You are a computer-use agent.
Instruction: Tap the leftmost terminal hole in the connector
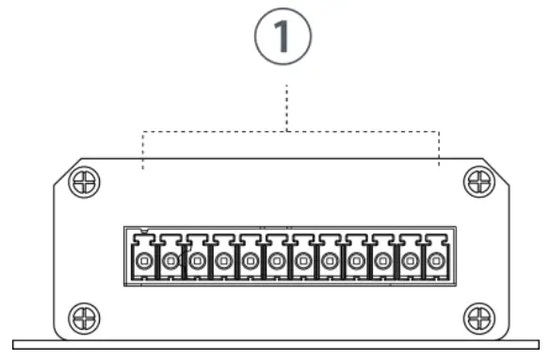point(143,260)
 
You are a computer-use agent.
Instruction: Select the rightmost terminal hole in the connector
point(436,260)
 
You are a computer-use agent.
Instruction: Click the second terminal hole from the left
point(170,260)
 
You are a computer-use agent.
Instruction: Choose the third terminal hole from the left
point(197,260)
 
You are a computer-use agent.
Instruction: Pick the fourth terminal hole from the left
point(223,260)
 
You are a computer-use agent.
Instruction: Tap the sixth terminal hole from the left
point(276,260)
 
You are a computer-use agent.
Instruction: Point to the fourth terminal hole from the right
point(356,260)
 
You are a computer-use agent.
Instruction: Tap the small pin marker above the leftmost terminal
point(142,230)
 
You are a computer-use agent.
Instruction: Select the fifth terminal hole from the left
point(250,260)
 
